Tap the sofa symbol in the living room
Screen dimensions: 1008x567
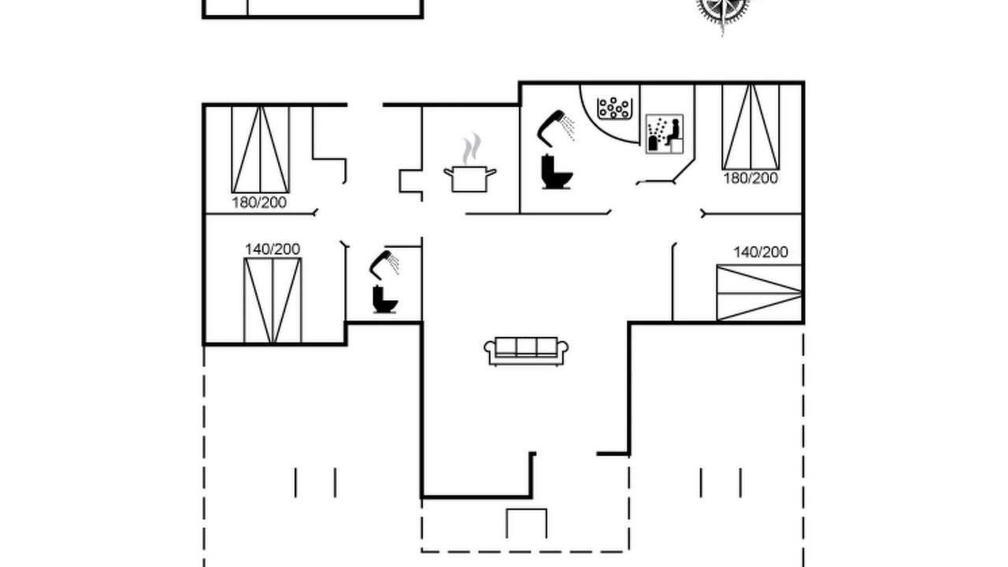point(526,351)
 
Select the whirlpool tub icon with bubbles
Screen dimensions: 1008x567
point(615,109)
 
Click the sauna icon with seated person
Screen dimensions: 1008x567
point(665,134)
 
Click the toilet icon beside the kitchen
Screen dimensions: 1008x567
point(557,172)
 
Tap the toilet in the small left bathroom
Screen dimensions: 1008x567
point(385,300)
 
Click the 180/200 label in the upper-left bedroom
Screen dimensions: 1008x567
point(259,202)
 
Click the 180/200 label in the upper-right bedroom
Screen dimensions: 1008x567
point(750,178)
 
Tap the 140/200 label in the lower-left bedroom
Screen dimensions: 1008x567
point(272,249)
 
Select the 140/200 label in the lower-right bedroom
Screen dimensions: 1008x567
point(761,252)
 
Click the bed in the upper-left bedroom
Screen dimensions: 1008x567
point(261,150)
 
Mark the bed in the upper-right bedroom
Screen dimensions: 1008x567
point(750,127)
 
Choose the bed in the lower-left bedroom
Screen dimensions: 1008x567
point(272,301)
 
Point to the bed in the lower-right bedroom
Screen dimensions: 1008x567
point(759,293)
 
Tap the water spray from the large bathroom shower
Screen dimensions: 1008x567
point(568,128)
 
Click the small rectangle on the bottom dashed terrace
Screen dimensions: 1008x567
point(527,510)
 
